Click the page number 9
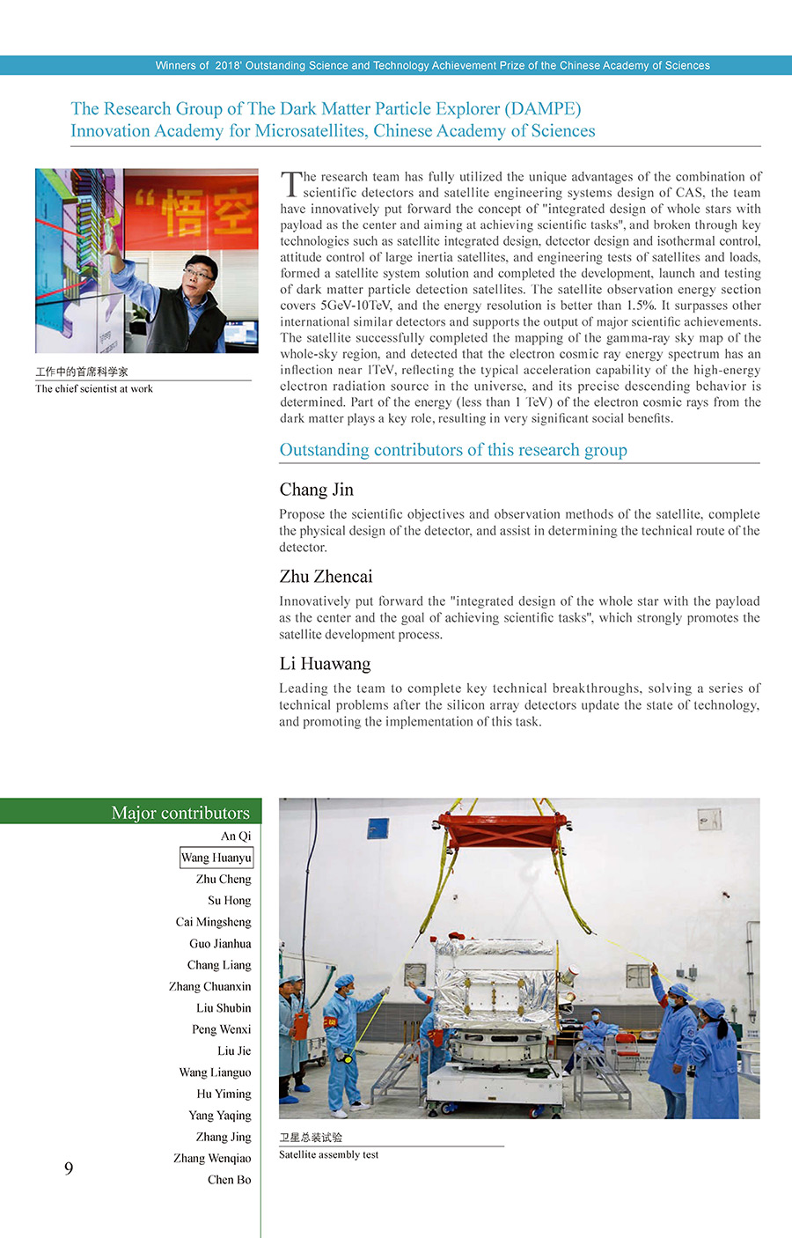coord(69,1168)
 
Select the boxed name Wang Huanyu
coord(216,858)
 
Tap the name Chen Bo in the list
coord(229,1180)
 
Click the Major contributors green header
coord(180,812)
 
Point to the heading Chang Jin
coord(316,490)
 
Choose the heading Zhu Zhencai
coord(326,577)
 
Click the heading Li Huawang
coord(325,664)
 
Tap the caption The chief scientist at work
coord(94,388)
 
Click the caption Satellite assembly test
coord(328,1154)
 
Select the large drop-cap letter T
coord(290,184)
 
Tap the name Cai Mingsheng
coord(213,922)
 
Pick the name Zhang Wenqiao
coord(212,1158)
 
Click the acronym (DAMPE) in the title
coord(542,108)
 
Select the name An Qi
coord(236,836)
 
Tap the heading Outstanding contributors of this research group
coord(453,450)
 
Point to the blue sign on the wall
coord(378,829)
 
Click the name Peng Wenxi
coord(222,1029)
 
